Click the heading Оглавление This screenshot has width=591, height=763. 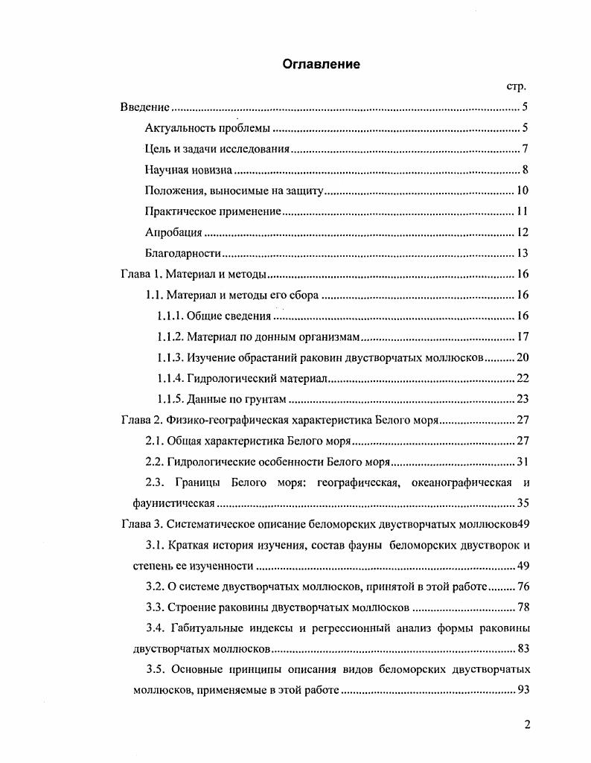pyautogui.click(x=321, y=64)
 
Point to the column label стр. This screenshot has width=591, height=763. pyautogui.click(x=517, y=86)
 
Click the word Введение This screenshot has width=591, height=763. pyautogui.click(x=145, y=107)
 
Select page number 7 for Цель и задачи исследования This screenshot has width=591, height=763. pyautogui.click(x=525, y=149)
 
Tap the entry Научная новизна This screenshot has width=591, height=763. pyautogui.click(x=189, y=170)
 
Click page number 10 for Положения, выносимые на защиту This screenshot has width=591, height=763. pyautogui.click(x=522, y=191)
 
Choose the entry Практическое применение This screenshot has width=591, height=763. pyautogui.click(x=213, y=211)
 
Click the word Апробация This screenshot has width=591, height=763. pyautogui.click(x=173, y=232)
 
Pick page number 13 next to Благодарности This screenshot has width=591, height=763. pyautogui.click(x=522, y=253)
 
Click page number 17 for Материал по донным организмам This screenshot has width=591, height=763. pyautogui.click(x=522, y=336)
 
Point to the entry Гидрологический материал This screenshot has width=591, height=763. pyautogui.click(x=258, y=378)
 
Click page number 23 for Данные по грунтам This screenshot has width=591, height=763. pyautogui.click(x=522, y=399)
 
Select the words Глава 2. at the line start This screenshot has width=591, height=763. pyautogui.click(x=141, y=420)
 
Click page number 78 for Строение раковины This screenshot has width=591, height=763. pyautogui.click(x=522, y=607)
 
